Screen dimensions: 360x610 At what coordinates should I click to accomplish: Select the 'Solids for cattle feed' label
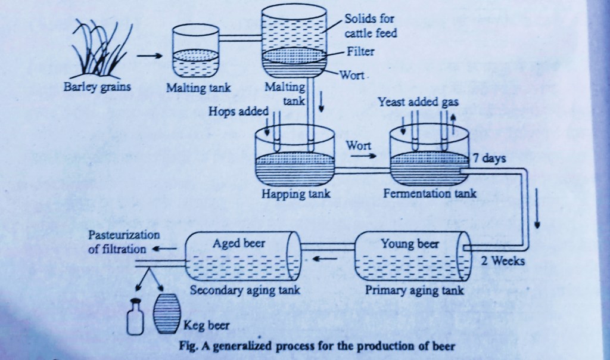click(370, 26)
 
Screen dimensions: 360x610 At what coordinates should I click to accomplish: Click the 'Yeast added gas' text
click(418, 102)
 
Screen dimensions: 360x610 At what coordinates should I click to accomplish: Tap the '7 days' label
click(490, 159)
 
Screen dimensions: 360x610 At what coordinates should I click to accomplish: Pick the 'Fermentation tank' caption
click(430, 194)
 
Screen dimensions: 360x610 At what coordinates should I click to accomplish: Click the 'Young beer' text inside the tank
click(410, 244)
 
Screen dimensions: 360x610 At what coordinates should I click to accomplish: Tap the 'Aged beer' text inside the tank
click(238, 244)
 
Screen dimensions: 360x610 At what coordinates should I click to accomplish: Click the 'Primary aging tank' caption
click(415, 290)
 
